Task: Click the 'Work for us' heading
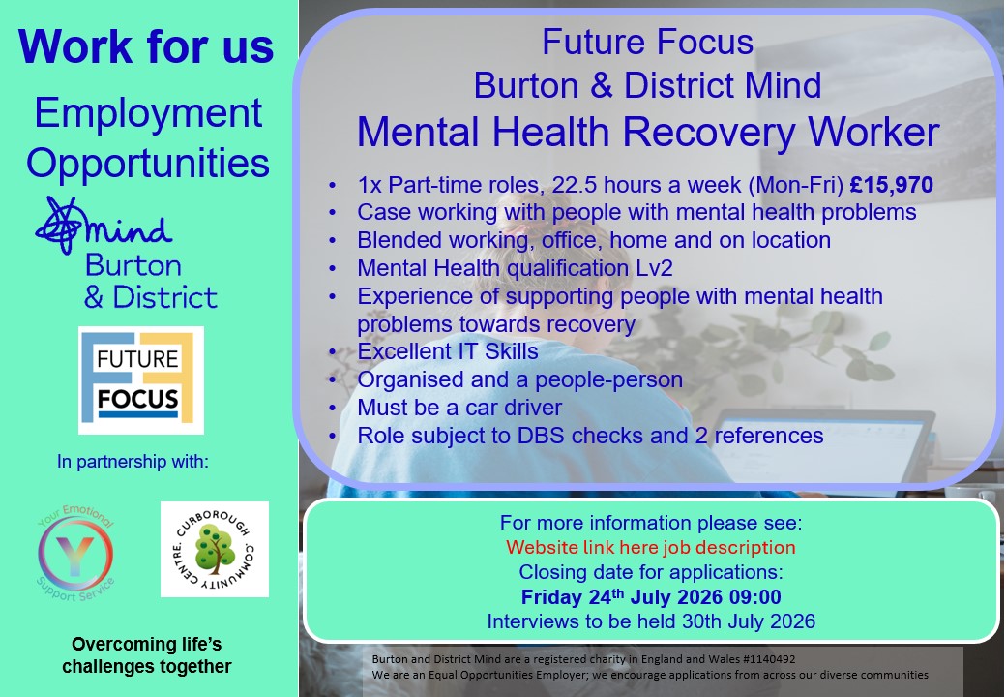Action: (146, 46)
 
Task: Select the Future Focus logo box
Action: (141, 379)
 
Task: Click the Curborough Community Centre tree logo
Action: (215, 550)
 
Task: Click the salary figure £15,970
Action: (891, 185)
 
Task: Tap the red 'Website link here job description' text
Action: (651, 548)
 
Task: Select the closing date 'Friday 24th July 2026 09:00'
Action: (651, 597)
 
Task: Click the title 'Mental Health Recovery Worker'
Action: (648, 133)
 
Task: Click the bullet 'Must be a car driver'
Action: (459, 408)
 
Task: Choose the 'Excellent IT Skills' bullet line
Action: (448, 351)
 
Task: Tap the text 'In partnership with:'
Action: (133, 462)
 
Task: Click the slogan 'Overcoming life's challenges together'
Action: (146, 655)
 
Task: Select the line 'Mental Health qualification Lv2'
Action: (516, 268)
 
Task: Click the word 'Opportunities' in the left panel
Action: (148, 163)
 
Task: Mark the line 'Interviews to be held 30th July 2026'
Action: (651, 621)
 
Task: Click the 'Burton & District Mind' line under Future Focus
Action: (647, 85)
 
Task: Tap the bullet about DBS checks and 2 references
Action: (590, 436)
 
